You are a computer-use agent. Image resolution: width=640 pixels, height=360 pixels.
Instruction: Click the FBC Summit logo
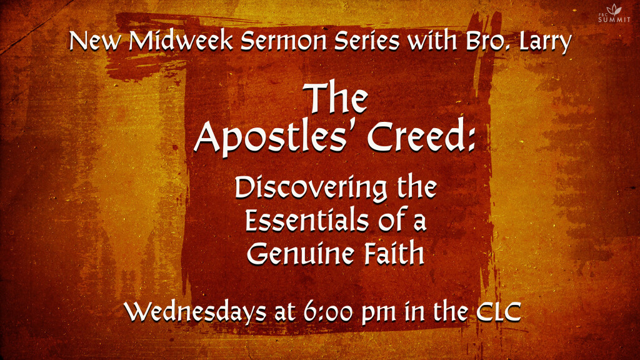(x=614, y=14)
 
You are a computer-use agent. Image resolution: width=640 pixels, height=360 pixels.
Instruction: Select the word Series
(x=366, y=41)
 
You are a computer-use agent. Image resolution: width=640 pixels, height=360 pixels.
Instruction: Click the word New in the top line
(x=96, y=41)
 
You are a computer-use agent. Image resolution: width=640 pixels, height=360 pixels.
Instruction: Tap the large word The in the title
(x=336, y=97)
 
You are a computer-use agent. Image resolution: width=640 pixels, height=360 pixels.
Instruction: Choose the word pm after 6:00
(x=379, y=314)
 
